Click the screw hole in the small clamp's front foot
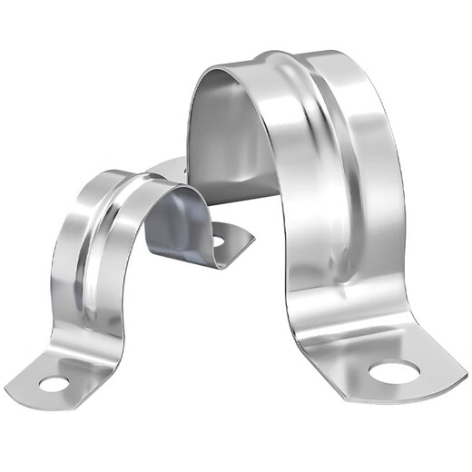pos(54,384)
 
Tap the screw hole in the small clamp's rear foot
pos(217,241)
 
